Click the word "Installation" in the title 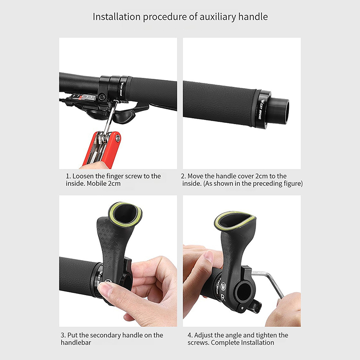click(x=117, y=17)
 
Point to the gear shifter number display click(x=83, y=97)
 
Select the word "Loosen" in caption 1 click(x=83, y=176)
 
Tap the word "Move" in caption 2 click(x=195, y=176)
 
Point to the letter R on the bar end click(x=222, y=297)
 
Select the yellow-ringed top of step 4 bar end click(x=234, y=221)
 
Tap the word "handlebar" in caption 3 click(x=76, y=342)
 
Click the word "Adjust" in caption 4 click(x=203, y=335)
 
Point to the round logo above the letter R click(x=223, y=287)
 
